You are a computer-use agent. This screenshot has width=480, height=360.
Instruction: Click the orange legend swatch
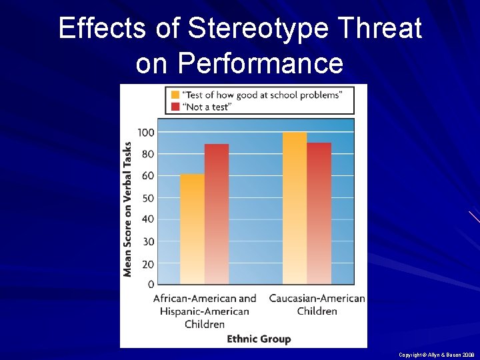click(175, 95)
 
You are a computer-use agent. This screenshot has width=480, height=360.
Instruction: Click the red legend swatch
click(175, 106)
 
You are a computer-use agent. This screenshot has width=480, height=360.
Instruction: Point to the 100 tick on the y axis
click(146, 133)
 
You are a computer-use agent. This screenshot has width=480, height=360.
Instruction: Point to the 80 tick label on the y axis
click(148, 154)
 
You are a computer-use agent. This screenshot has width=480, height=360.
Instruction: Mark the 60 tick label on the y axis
click(148, 176)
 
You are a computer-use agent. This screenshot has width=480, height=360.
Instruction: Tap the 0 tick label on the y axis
click(151, 285)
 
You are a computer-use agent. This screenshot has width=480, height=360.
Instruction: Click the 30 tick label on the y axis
click(148, 241)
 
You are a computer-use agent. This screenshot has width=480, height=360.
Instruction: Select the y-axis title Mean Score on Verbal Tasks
click(127, 208)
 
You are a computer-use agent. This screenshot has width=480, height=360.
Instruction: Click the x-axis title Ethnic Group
click(259, 339)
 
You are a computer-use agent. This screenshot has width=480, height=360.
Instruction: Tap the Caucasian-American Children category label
click(317, 305)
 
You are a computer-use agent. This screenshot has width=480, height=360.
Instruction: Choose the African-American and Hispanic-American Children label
click(205, 311)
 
